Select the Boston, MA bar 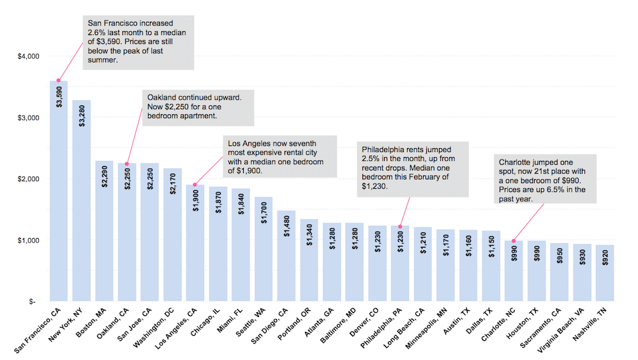pyautogui.click(x=104, y=236)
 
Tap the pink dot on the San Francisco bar pyautogui.click(x=59, y=80)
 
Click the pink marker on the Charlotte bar pyautogui.click(x=514, y=241)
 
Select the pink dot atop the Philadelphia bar pyautogui.click(x=400, y=226)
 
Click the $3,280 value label pyautogui.click(x=82, y=115)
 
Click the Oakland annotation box pyautogui.click(x=198, y=107)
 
